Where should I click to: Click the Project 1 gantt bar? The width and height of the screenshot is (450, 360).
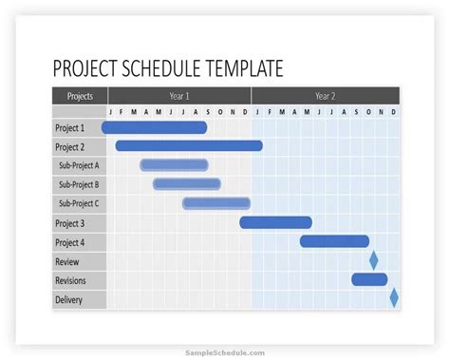154,127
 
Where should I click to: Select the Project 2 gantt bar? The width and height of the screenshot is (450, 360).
189,146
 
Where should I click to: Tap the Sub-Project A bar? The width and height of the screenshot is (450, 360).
174,165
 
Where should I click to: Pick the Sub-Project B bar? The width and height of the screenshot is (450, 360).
186,184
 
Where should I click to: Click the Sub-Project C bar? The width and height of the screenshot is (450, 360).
216,203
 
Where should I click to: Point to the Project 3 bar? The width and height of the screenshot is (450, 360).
275,222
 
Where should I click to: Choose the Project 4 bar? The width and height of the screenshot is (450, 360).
334,241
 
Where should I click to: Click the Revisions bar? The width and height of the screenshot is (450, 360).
369,279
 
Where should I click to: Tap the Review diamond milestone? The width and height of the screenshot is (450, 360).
374,260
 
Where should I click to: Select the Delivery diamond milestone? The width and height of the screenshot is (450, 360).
394,298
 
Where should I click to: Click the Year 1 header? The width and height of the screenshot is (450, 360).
179,96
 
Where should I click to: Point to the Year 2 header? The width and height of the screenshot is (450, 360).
325,96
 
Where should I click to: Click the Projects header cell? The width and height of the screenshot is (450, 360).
80,96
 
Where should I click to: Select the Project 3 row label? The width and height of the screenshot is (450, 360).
69,223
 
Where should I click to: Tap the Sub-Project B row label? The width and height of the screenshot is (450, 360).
79,184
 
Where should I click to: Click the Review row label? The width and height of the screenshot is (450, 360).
67,261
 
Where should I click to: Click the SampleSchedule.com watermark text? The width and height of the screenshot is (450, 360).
224,351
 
